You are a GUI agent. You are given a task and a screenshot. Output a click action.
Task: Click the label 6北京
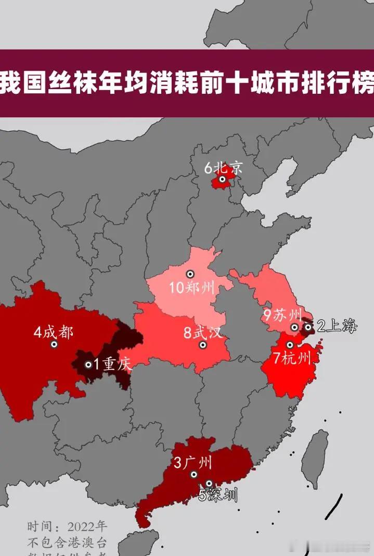click(x=223, y=168)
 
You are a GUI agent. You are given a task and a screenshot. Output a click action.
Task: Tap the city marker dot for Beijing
click(x=222, y=179)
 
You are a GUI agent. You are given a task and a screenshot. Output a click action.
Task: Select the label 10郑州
click(x=192, y=287)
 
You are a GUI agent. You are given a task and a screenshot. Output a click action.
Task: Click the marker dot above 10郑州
click(x=190, y=274)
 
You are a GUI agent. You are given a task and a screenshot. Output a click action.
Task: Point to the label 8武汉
click(x=202, y=332)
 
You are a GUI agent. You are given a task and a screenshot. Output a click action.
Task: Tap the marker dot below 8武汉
click(x=203, y=345)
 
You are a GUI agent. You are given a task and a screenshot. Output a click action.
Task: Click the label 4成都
click(x=53, y=331)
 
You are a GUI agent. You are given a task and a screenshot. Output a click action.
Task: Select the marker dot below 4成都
click(x=54, y=344)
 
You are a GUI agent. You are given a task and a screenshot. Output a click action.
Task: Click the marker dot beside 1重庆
click(x=88, y=365)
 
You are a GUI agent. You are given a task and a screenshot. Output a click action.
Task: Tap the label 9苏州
click(x=282, y=315)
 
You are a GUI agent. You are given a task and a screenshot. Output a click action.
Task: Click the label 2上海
click(x=338, y=327)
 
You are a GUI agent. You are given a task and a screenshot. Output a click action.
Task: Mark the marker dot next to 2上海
click(x=308, y=327)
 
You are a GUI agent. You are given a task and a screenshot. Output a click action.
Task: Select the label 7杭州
click(x=292, y=358)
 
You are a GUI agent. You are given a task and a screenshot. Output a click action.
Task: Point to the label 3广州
click(x=193, y=462)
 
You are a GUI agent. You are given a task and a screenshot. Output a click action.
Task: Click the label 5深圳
click(x=218, y=495)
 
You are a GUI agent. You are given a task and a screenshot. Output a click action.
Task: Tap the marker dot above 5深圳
click(x=209, y=484)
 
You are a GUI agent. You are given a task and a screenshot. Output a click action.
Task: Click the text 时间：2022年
click(x=68, y=525)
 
